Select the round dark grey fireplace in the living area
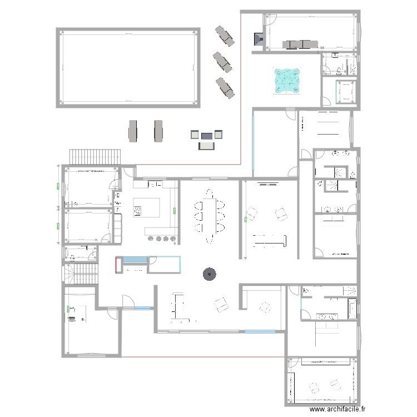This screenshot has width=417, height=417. (x=209, y=273)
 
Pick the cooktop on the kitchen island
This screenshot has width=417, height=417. (x=137, y=211)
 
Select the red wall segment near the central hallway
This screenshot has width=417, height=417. (x=116, y=265)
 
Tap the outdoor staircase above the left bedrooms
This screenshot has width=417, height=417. (x=94, y=157)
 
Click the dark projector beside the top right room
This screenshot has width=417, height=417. (x=259, y=39)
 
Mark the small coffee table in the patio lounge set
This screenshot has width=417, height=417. (x=207, y=135)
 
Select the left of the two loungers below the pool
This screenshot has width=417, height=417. (x=133, y=131)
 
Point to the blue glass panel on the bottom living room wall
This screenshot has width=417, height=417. (x=260, y=332)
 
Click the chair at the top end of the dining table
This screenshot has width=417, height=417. (x=210, y=192)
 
